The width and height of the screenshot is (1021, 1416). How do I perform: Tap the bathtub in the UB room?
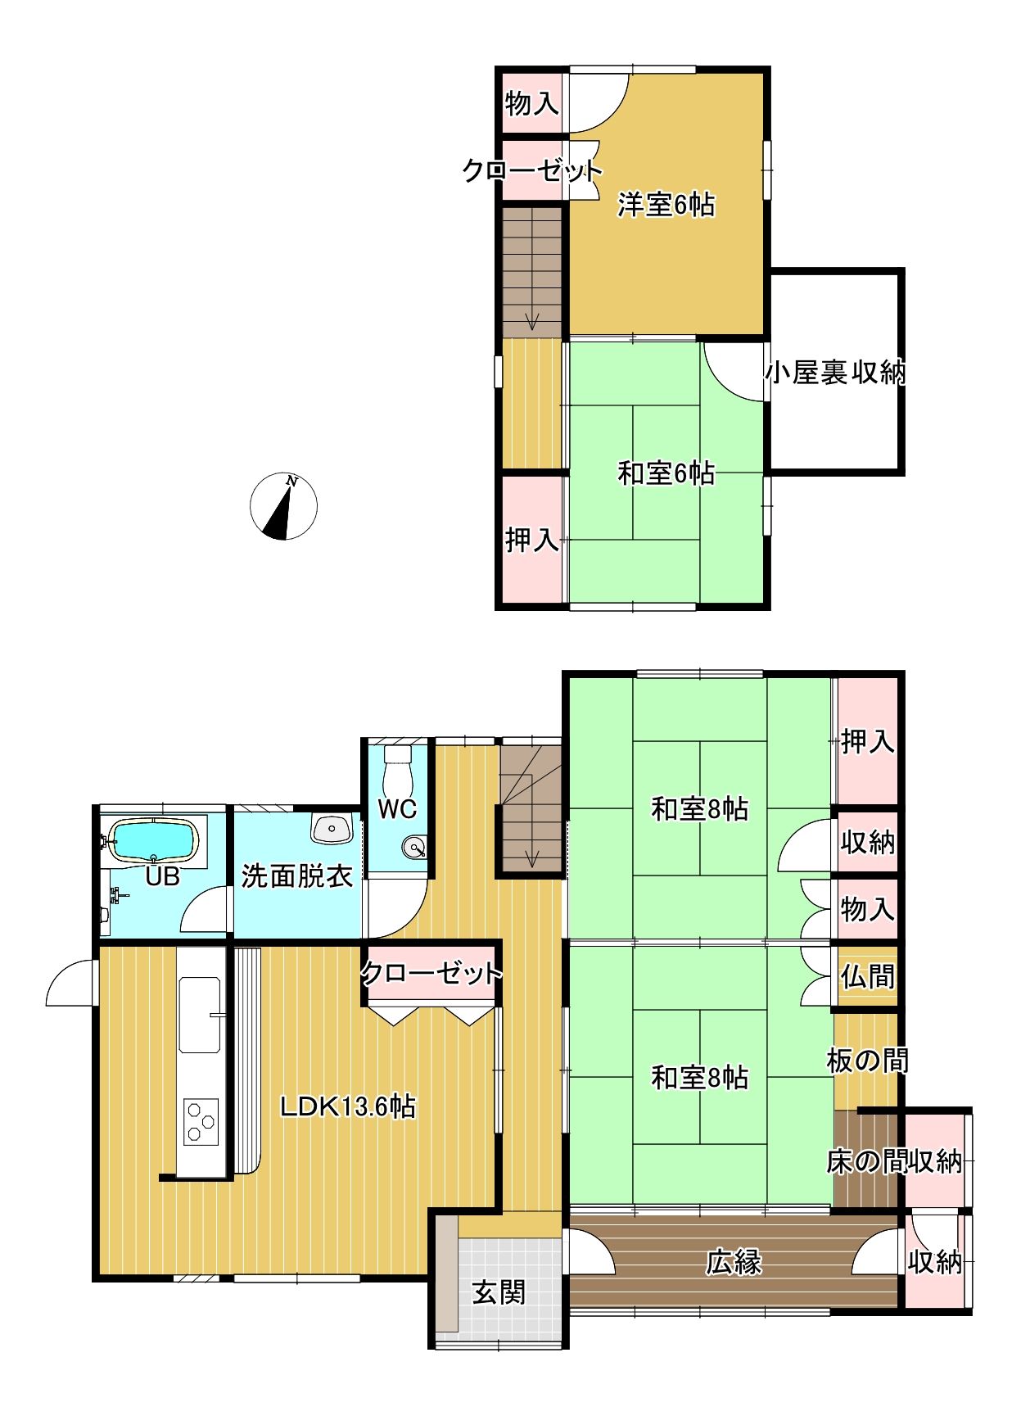(153, 840)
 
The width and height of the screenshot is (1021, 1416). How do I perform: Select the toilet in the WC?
(397, 765)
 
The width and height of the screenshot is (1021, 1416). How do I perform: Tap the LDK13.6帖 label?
(347, 1106)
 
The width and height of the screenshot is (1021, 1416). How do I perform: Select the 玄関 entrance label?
(499, 1293)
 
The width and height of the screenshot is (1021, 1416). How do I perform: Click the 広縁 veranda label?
(734, 1262)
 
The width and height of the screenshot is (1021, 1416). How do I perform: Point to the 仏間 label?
(867, 976)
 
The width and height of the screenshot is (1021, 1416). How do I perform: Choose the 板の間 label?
(867, 1061)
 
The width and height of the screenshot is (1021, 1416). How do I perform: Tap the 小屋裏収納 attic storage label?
(835, 373)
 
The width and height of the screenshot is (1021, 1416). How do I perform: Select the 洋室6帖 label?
(666, 204)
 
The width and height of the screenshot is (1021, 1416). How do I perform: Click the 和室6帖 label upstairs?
(666, 473)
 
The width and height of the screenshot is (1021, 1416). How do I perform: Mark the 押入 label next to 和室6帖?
(532, 540)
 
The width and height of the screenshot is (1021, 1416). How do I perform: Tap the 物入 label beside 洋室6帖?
(532, 103)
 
